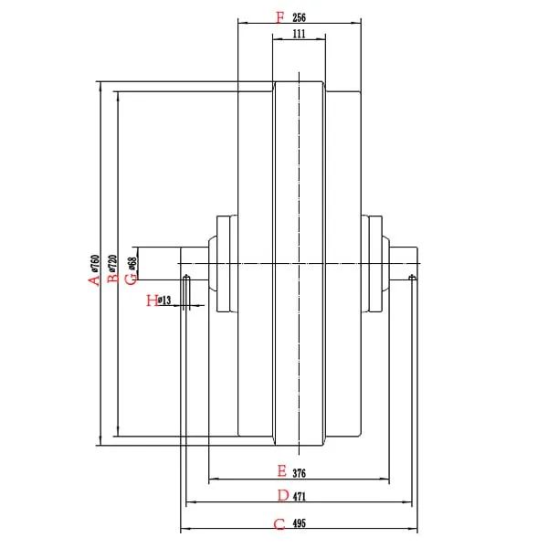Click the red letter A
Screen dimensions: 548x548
coord(92,279)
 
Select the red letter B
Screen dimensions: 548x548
coord(111,279)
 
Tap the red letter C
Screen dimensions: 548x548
coord(279,524)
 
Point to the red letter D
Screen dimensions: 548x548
coord(283,496)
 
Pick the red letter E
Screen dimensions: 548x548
coord(282,471)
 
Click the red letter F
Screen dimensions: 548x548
coord(279,16)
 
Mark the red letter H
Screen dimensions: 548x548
coord(152,300)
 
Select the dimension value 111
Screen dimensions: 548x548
coord(299,34)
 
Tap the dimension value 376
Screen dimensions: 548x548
coord(300,473)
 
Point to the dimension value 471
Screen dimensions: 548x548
coord(300,497)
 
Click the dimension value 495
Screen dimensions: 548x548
coord(300,524)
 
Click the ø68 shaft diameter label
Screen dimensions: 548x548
coord(132,264)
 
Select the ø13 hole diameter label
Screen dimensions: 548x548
coord(165,300)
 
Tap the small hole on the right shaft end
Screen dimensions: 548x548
coord(413,277)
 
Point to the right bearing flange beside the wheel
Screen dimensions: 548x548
coord(374,265)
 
